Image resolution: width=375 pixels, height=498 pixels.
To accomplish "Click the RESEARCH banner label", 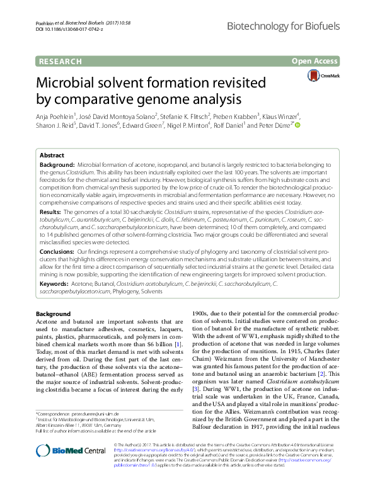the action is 60,61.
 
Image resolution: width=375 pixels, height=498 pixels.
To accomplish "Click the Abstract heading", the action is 52,155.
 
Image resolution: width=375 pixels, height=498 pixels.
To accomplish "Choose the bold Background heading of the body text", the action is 53,314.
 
